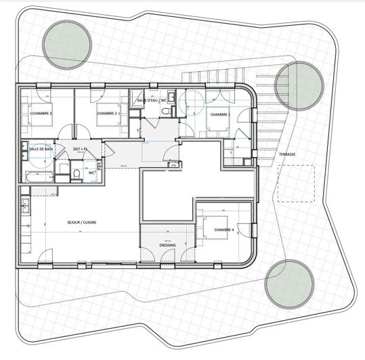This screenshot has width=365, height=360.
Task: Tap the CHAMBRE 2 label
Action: (108, 114)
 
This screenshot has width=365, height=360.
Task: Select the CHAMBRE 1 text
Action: (220, 115)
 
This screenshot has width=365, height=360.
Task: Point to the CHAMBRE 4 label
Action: (223, 231)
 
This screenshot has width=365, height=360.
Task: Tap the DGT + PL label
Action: (82, 148)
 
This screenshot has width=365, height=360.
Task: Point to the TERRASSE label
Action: (288, 154)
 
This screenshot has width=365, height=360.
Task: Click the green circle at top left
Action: (62, 43)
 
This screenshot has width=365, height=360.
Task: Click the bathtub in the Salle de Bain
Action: (41, 177)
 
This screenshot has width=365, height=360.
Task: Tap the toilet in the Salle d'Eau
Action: (172, 99)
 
